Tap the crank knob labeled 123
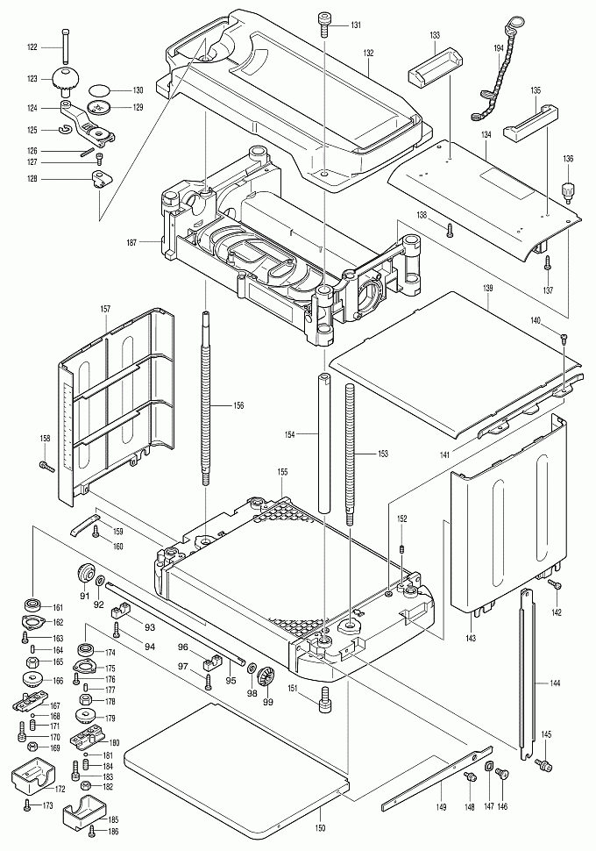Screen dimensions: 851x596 tap(65, 80)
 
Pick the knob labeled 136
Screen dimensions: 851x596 tap(568, 189)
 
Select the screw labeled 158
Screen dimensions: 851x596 tap(45, 465)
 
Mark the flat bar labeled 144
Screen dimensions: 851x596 tap(527, 676)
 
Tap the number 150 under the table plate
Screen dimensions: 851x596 tap(321, 828)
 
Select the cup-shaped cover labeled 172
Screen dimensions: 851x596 tap(32, 777)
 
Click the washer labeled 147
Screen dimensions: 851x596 tap(487, 776)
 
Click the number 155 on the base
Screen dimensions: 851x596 tap(282, 472)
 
